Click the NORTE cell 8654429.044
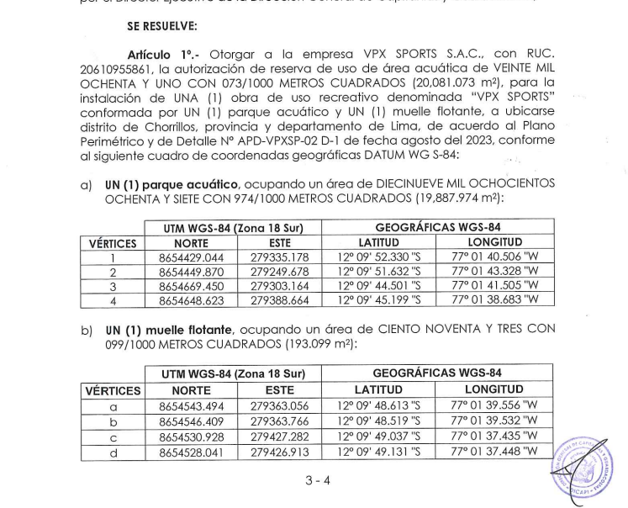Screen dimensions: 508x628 194,257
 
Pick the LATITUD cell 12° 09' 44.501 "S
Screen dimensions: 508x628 378,286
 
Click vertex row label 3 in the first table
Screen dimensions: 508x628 112,286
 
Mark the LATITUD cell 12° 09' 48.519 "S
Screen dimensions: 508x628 379,421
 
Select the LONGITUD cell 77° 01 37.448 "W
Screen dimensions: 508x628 493,452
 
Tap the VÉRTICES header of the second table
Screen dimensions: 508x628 112,389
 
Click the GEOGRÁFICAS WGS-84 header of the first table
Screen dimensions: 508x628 437,227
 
